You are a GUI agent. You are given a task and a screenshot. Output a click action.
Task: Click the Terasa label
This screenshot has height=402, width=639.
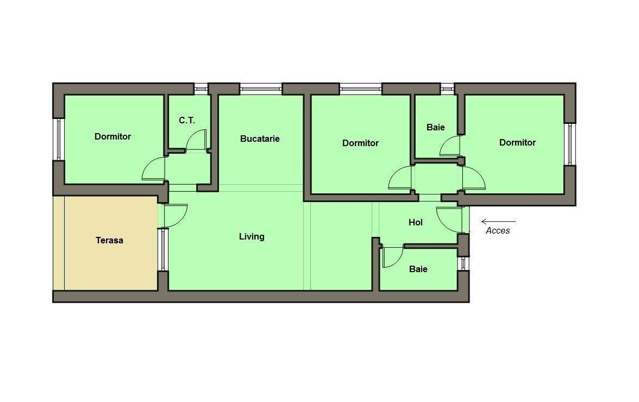pos(109,240)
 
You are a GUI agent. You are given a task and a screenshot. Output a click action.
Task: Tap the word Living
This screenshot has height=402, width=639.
pos(252,237)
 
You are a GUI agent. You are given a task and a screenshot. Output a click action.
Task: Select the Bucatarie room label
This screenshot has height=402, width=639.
pos(260,139)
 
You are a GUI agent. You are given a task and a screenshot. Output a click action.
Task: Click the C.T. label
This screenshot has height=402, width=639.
pos(187,121)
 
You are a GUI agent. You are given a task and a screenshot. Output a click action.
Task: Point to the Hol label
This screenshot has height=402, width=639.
pos(415,222)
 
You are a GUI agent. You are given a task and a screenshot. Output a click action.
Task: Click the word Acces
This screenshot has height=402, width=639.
pos(498,230)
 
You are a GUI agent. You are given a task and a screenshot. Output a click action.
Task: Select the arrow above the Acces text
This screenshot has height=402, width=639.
pos(498,222)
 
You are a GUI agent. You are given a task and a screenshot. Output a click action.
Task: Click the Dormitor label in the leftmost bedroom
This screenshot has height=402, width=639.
pos(112,136)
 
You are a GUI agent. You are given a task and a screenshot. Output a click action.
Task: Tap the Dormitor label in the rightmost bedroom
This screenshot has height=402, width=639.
pos(517,142)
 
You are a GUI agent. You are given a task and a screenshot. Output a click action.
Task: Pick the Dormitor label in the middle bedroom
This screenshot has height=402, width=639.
pos(360,143)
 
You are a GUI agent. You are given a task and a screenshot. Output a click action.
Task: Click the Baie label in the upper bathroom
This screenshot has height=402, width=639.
pos(435,128)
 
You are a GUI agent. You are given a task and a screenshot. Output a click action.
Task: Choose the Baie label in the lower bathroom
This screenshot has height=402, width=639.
pos(418,269)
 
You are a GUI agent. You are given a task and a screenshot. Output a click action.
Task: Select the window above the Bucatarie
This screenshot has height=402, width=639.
pos(260,87)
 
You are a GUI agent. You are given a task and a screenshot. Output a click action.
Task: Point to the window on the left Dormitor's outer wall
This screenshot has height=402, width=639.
pos(58,139)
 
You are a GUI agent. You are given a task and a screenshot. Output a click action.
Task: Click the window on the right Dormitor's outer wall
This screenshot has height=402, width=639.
pos(569,144)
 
